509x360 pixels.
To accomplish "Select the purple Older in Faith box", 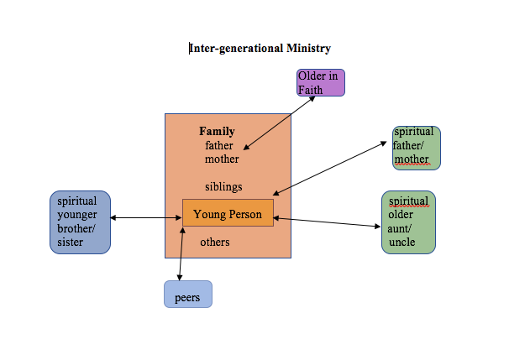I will pos(320,83).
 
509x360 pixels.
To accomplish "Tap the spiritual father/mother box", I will pos(416,147).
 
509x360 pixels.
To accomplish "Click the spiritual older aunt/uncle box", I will pos(408,222).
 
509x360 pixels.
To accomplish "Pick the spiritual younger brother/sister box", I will pos(80,222).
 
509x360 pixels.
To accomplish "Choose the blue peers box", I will pos(187,295).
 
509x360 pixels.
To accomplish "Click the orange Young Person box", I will pos(227,214).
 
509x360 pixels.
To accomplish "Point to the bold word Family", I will pos(217,132).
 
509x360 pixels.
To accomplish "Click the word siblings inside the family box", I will pos(223,186).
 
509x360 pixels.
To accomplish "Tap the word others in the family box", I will pos(215,243).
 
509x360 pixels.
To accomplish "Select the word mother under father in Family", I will pos(222,159).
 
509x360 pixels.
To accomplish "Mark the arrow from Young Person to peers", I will pos(181,253).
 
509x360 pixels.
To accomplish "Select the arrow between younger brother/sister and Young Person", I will pos(146,218).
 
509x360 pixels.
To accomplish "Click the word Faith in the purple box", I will pos(311,90).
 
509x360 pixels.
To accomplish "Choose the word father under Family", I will pos(219,145).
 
